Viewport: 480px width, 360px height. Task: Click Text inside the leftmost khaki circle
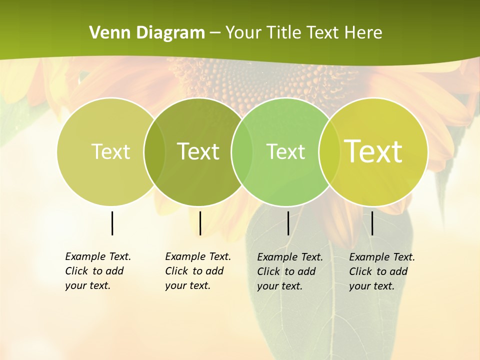click(110, 151)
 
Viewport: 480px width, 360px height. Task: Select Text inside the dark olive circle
click(198, 151)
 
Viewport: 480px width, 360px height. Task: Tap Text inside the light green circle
click(285, 151)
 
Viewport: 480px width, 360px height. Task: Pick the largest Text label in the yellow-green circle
click(373, 151)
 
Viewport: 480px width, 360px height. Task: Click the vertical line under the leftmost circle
click(112, 223)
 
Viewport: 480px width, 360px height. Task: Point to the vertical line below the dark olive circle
click(200, 223)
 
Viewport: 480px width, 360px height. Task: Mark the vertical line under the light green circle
click(288, 223)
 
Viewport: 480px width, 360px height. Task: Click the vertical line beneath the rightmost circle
click(372, 223)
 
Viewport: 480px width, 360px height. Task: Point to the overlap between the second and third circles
click(241, 151)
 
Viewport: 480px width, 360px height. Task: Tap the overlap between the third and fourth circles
click(327, 151)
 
